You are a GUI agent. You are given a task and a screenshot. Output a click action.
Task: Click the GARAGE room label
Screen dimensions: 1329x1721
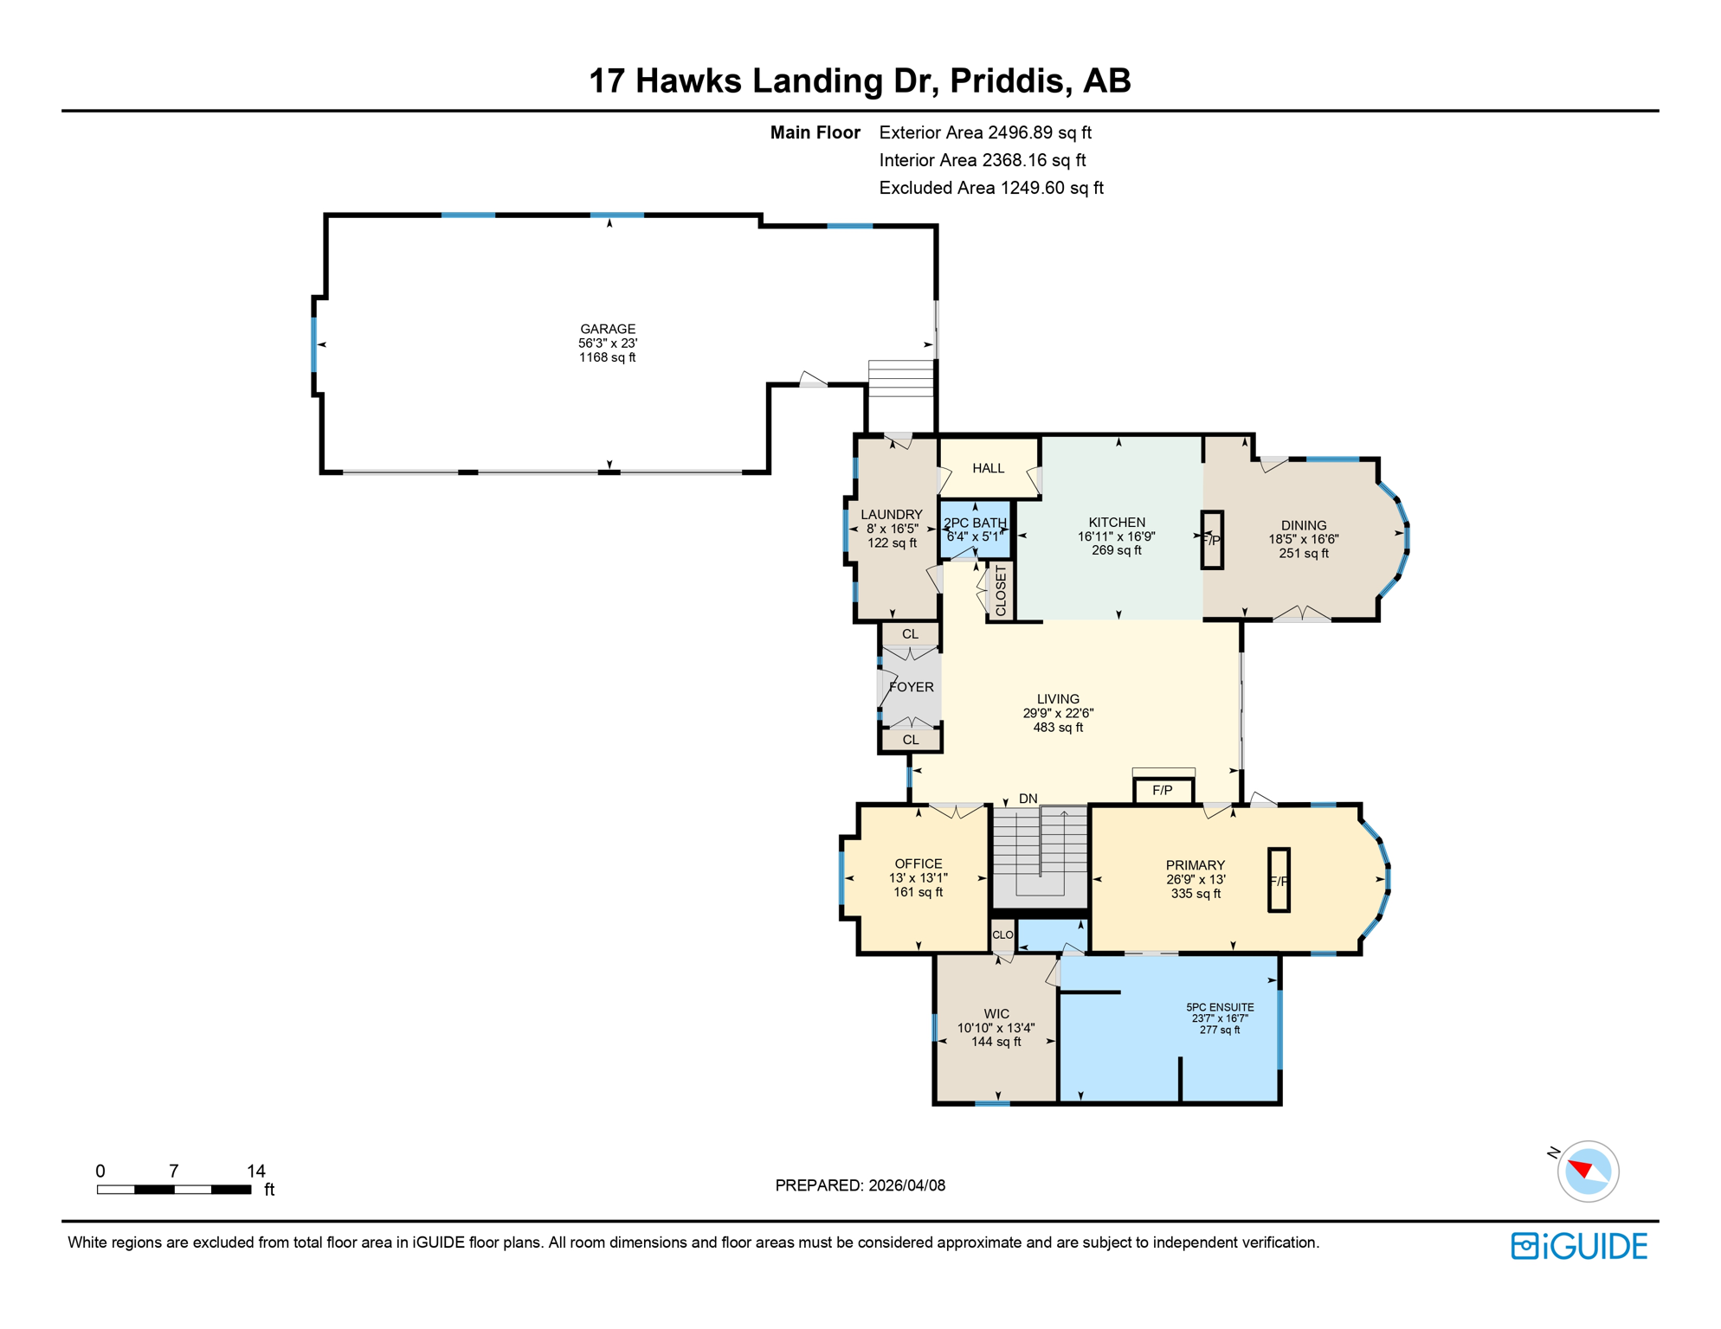[608, 329]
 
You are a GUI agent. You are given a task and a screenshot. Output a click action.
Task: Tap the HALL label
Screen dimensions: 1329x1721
[988, 468]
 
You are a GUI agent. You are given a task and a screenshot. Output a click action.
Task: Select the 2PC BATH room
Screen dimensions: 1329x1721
[975, 529]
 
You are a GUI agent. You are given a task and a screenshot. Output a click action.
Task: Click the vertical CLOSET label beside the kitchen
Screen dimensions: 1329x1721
[1002, 591]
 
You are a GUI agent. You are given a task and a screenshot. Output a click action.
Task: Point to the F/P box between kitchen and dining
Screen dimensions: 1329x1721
[1212, 540]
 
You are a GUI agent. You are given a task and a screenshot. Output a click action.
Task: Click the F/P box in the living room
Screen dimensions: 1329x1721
[1163, 791]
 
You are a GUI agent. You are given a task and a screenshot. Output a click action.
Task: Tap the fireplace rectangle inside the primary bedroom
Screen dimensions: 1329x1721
[1279, 880]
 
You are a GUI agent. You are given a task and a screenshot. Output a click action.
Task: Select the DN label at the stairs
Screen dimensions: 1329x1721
[1028, 799]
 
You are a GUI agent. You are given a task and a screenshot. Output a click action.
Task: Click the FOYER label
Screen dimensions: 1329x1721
[912, 687]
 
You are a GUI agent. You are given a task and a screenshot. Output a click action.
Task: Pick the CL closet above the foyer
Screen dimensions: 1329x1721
[910, 634]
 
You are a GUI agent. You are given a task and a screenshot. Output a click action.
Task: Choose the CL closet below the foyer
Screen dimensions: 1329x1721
[911, 740]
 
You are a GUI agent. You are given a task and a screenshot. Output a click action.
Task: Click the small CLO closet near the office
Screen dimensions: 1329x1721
[1002, 935]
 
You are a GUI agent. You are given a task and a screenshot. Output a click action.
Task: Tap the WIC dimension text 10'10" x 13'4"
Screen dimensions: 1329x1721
[996, 1028]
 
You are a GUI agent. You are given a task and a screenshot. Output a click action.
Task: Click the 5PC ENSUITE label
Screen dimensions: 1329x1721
[1220, 1007]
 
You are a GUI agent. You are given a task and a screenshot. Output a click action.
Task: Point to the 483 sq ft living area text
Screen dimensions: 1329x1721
[1058, 728]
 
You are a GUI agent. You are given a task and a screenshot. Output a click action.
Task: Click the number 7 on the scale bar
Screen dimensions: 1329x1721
[174, 1171]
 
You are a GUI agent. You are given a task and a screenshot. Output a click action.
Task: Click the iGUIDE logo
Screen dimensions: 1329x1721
[1579, 1246]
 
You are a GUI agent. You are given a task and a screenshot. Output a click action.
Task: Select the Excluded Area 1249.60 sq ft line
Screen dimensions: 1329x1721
[990, 188]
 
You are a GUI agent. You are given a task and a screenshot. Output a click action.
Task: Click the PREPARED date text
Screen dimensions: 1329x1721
[860, 1185]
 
